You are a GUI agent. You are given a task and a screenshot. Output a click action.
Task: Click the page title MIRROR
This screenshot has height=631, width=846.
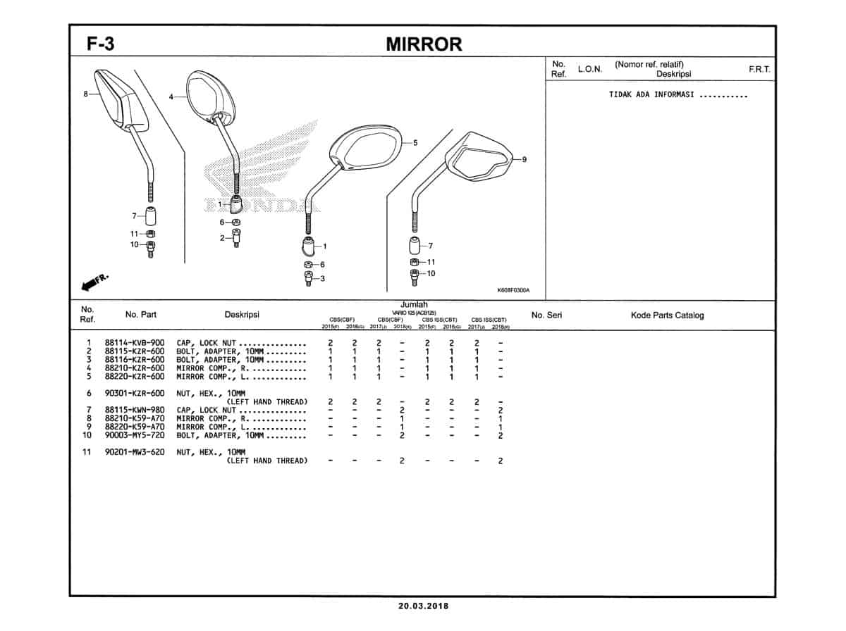tap(424, 44)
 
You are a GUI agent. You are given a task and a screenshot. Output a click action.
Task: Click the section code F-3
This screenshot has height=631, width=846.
tap(101, 44)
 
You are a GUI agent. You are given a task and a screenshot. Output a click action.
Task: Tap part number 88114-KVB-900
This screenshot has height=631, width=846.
tap(135, 343)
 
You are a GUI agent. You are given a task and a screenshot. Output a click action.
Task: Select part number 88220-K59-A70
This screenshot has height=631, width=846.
tap(135, 427)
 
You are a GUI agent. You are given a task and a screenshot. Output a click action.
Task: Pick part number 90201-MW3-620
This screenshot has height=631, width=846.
tap(135, 452)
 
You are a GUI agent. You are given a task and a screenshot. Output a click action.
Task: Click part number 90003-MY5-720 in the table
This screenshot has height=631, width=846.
tap(135, 435)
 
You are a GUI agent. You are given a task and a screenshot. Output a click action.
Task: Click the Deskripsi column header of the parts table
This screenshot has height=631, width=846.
tap(242, 315)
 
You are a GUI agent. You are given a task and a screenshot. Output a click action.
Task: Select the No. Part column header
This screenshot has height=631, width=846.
tap(141, 315)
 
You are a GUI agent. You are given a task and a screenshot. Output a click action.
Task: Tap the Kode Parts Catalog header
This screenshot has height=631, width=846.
tap(667, 315)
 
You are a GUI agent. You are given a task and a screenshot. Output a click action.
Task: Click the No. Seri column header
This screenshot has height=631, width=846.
tap(546, 315)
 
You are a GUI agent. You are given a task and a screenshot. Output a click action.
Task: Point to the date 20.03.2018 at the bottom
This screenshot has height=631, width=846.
tap(423, 606)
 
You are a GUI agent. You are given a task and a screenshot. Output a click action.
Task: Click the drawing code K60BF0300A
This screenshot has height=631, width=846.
tap(513, 290)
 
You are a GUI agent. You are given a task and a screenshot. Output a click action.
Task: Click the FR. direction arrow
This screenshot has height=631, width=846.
tap(94, 282)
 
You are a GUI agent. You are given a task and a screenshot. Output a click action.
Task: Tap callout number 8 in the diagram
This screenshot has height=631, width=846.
tap(85, 94)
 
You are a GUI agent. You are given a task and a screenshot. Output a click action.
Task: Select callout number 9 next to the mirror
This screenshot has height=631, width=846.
tap(524, 159)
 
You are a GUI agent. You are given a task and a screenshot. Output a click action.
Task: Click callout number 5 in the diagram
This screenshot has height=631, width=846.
tap(415, 143)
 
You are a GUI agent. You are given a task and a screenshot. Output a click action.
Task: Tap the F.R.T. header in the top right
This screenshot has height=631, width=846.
tap(759, 70)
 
